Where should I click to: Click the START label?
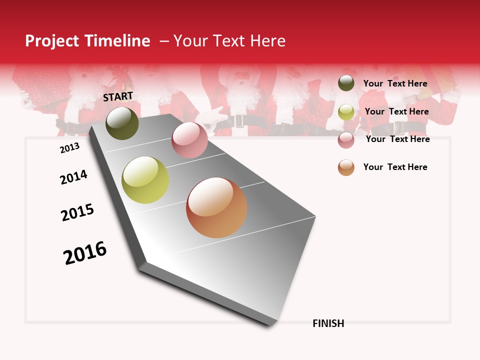coord(118,96)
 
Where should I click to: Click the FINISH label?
coord(328,323)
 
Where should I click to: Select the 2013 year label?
coord(69,148)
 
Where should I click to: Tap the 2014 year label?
coord(73,177)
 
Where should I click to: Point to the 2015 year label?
coord(77,212)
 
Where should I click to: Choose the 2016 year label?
coord(85,252)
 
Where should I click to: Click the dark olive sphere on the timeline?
coord(122,123)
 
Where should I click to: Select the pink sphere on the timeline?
coord(189,140)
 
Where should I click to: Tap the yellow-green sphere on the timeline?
coord(145,180)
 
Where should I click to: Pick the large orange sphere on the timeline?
coord(216,207)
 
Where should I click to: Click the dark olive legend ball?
coord(346,83)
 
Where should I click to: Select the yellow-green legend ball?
coord(346,112)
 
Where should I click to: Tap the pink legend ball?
coord(346,139)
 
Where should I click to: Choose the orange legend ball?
coord(346,167)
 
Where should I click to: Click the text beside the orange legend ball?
coord(395,167)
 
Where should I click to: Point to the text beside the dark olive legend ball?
coord(395,83)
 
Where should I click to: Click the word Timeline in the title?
coord(117,41)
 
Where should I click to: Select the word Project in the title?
coord(52,41)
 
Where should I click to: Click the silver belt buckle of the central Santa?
coord(238,120)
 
